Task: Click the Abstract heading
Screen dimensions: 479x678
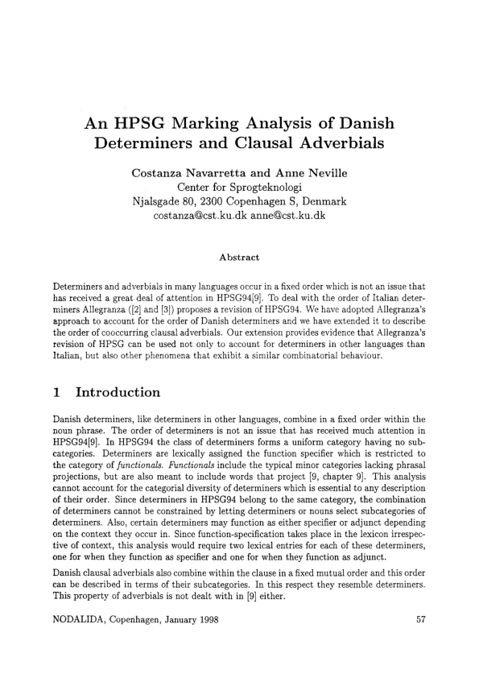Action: pyautogui.click(x=239, y=258)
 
